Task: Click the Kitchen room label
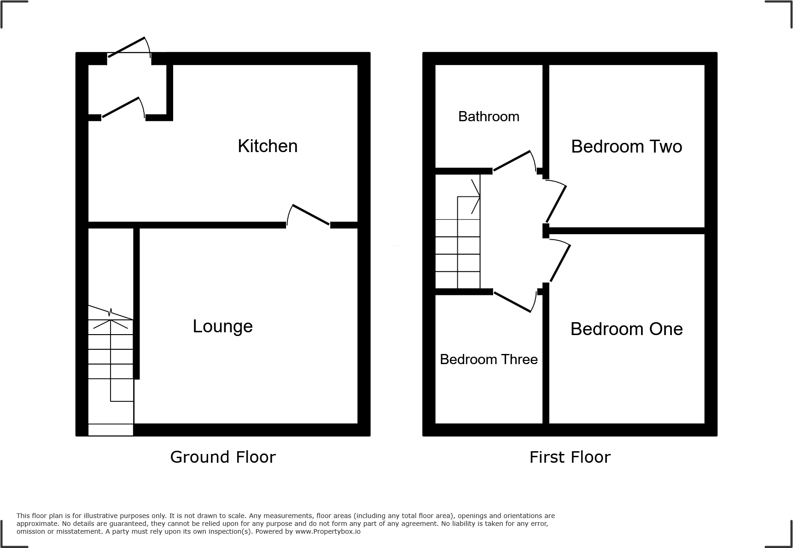(x=268, y=146)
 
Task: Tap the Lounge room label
(x=222, y=326)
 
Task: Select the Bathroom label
(x=489, y=117)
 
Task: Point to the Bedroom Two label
(x=626, y=147)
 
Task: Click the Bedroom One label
(x=626, y=329)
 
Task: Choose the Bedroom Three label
(x=489, y=359)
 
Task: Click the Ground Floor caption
(x=223, y=457)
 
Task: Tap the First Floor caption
(x=570, y=457)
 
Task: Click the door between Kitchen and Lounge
(x=310, y=214)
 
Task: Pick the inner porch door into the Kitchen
(x=121, y=107)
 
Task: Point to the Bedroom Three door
(x=513, y=302)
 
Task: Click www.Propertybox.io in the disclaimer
(x=328, y=531)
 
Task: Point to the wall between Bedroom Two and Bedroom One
(x=626, y=230)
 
